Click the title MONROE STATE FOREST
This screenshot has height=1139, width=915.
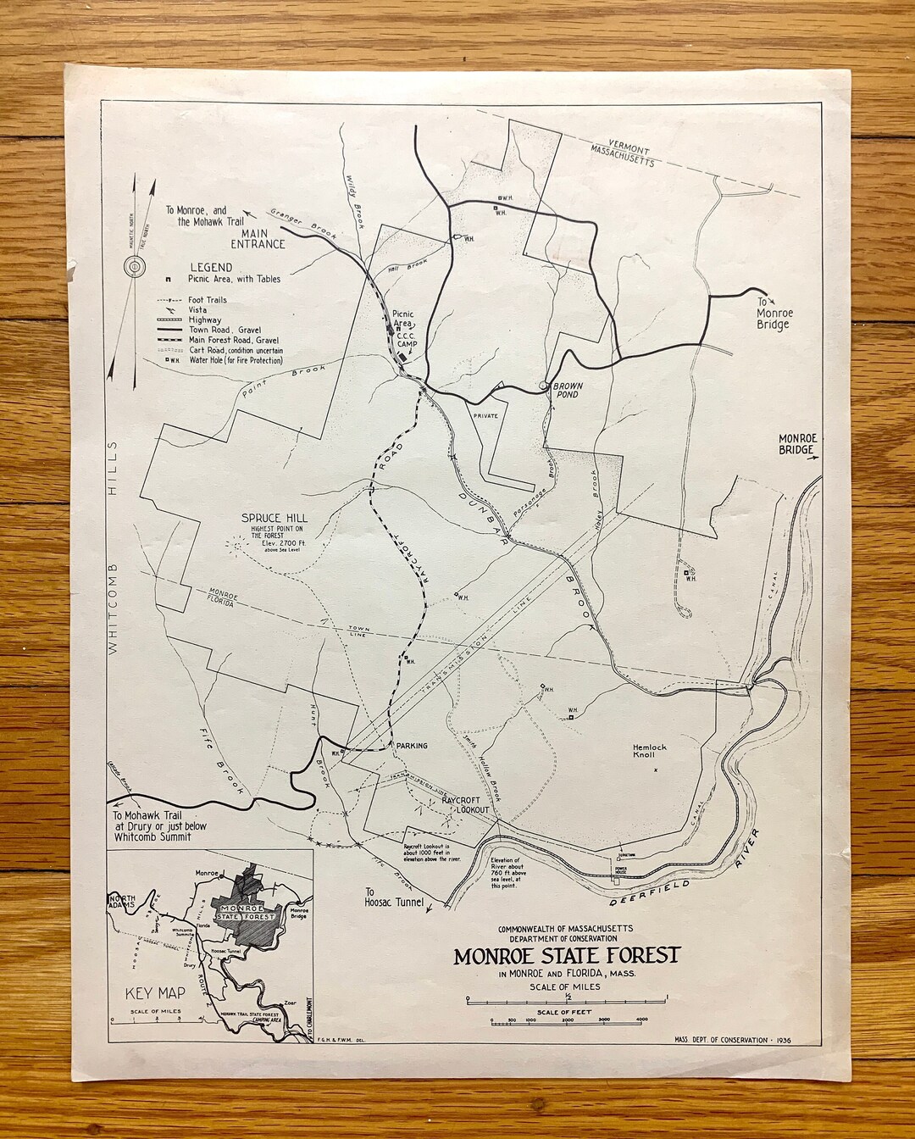coord(566,955)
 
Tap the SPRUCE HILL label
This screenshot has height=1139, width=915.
coord(274,518)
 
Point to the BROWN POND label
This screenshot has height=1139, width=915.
coord(568,391)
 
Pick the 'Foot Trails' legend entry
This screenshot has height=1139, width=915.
coord(207,299)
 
